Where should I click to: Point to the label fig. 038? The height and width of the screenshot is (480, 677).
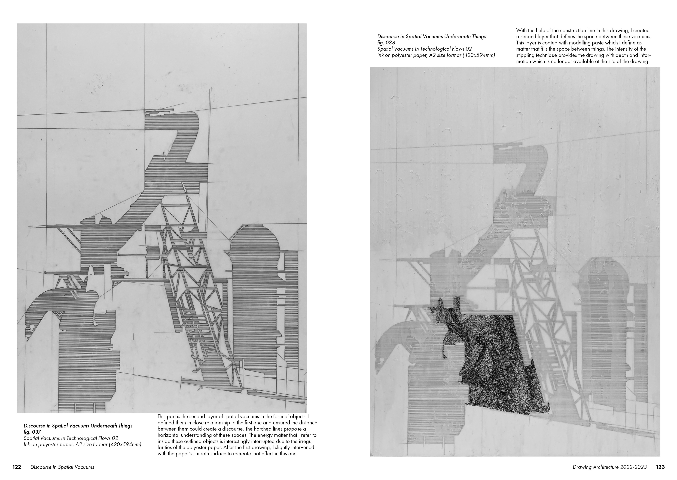386,43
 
